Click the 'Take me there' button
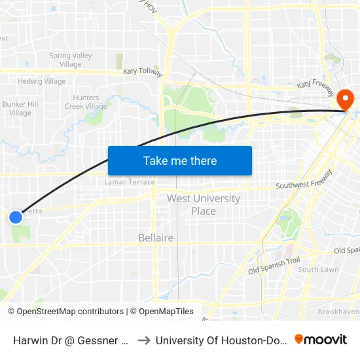point(180,160)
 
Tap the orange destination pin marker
point(344,100)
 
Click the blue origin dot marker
point(16,217)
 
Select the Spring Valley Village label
point(70,60)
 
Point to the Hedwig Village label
point(42,82)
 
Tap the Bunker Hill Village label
point(20,109)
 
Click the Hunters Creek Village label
point(86,102)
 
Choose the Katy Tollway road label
point(143,72)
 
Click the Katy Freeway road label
point(316,85)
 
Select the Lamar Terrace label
point(130,182)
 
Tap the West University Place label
point(203,204)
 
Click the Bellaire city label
point(156,238)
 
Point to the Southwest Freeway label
point(304,181)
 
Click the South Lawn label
point(318,270)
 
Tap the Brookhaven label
point(338,312)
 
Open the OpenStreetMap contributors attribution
point(65,312)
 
